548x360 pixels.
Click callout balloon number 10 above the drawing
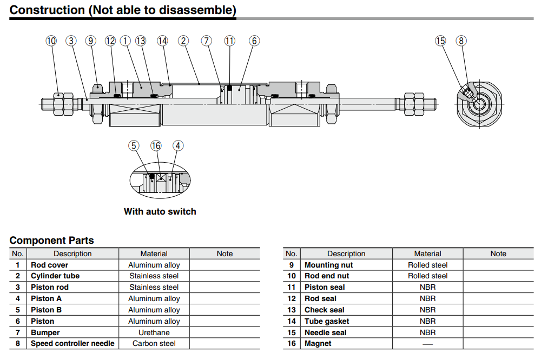point(51,41)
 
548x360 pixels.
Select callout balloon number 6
point(254,41)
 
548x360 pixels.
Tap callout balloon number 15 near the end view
point(440,41)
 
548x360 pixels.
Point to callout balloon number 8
point(461,41)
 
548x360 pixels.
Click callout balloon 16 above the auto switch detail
point(156,146)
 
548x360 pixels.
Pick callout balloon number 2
point(183,41)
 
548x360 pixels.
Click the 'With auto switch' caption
point(160,211)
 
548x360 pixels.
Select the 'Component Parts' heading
point(51,241)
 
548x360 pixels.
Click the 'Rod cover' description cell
point(49,265)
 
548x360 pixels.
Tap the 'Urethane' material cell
point(154,332)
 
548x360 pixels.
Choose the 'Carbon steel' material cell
point(154,343)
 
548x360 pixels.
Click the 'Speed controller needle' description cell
point(72,343)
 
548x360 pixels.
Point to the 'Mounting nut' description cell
point(329,265)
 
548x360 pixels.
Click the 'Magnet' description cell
point(318,343)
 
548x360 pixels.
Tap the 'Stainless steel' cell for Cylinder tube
point(154,276)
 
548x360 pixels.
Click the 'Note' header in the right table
point(498,254)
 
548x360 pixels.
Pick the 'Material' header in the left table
point(154,254)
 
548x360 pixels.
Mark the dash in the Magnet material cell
point(427,344)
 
